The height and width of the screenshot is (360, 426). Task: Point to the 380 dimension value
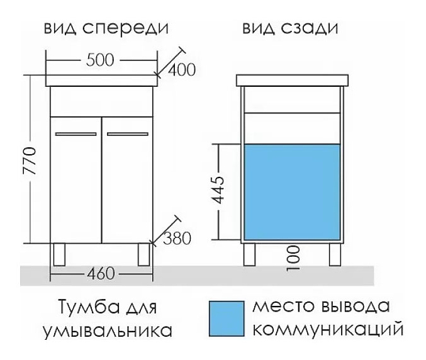177,238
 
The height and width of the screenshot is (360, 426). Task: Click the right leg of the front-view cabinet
143,254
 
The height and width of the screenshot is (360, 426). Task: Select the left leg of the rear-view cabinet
249,253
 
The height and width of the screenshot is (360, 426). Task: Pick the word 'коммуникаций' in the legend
331,330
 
